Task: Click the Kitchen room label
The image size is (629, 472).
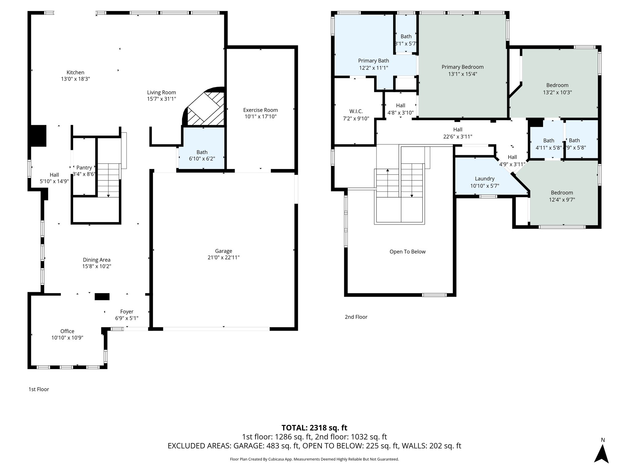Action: coord(75,73)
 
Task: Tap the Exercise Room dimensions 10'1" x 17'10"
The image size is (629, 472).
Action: coord(260,116)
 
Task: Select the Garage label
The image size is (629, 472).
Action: coord(223,251)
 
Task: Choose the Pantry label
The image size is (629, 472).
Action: coord(84,167)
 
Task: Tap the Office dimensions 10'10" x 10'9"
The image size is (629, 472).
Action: coord(67,337)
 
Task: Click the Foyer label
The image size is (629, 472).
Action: coord(127,312)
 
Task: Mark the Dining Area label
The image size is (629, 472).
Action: coord(96,260)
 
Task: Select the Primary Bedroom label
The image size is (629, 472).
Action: coord(462,67)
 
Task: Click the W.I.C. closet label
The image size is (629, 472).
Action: coord(356,111)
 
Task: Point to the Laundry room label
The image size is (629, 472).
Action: coord(484,179)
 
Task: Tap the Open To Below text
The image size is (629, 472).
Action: coord(407,252)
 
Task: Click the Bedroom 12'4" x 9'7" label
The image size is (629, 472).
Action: coord(561,193)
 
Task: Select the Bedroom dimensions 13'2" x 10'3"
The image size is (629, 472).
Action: coord(557,92)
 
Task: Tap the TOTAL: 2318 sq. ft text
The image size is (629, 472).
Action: coord(314,427)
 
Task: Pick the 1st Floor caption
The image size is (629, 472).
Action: coord(39,389)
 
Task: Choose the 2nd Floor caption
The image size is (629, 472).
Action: coord(356,317)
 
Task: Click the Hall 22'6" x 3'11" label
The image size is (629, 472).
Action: coord(457,130)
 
